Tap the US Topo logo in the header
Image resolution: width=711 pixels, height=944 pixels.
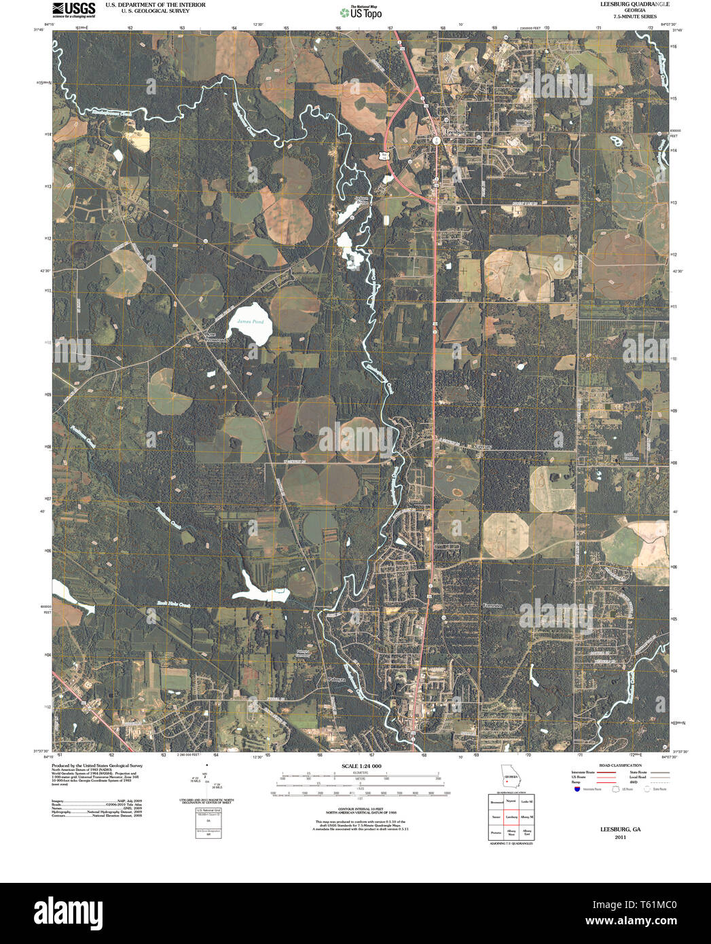361,12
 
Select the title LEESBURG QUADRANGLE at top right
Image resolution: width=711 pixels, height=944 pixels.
625,4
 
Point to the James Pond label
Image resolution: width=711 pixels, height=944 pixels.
249,321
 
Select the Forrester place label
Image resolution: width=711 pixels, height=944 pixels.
492,604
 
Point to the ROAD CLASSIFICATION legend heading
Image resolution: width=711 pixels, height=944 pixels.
606,765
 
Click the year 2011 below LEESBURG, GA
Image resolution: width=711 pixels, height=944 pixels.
620,837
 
